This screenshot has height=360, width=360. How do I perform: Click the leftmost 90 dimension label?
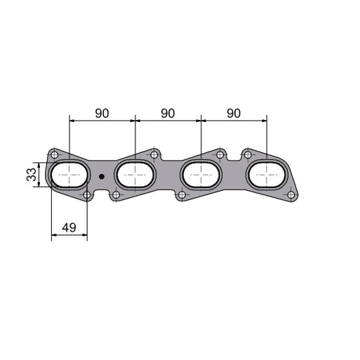[102, 114]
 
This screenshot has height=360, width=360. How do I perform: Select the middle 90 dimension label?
[168, 114]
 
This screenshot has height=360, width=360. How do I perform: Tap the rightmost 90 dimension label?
[234, 114]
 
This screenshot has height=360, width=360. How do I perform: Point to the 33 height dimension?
[32, 175]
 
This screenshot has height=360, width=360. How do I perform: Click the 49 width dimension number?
[69, 227]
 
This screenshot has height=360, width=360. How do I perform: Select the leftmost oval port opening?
[69, 175]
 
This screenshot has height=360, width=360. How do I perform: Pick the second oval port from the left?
[135, 175]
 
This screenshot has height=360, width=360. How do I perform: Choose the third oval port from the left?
[201, 175]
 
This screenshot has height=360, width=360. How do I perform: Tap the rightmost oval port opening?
[267, 175]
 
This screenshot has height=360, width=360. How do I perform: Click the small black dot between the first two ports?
[102, 177]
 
